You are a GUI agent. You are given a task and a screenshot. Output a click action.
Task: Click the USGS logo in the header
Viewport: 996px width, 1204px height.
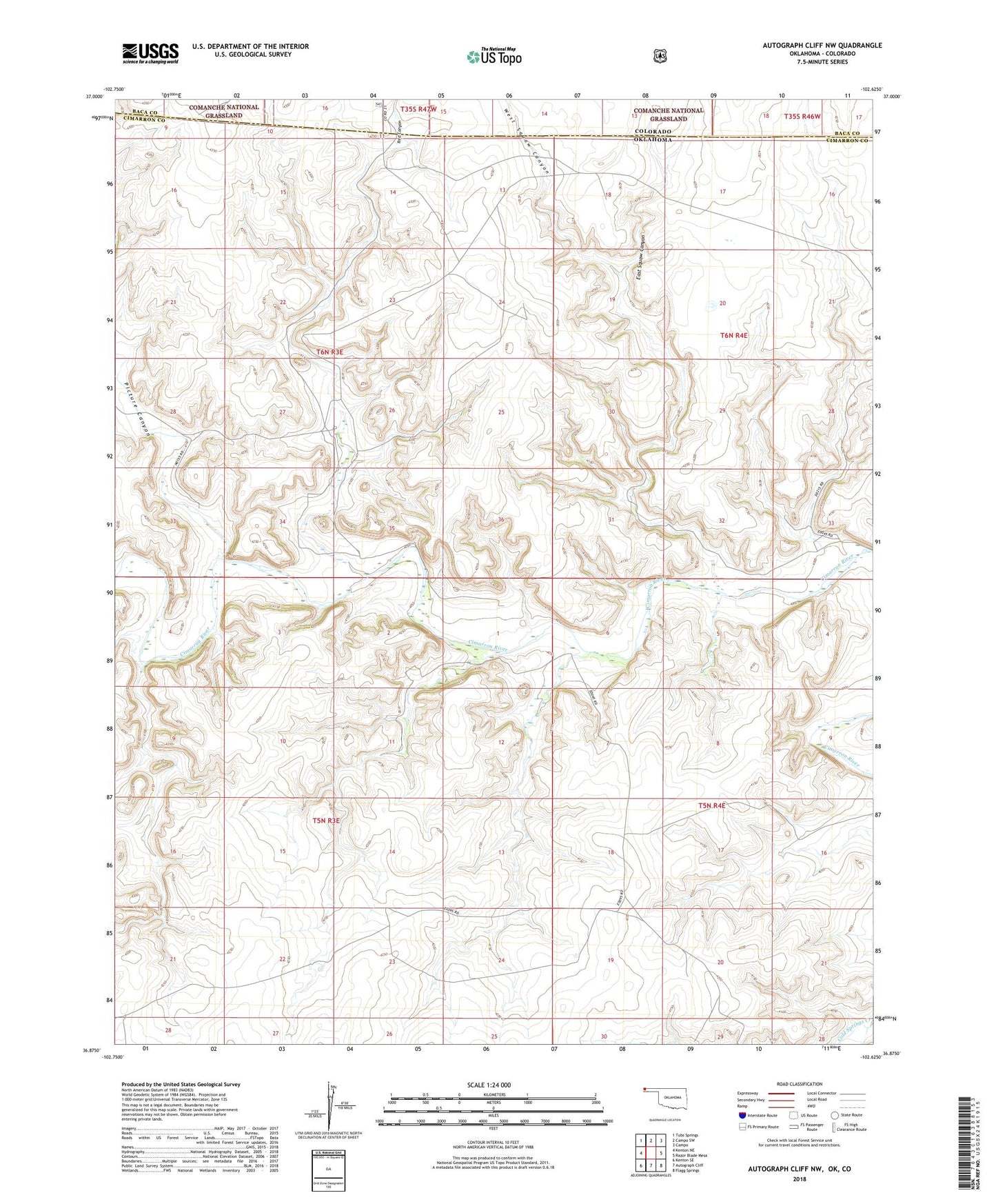point(150,53)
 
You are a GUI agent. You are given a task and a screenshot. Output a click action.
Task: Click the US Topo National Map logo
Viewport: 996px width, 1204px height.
point(494,57)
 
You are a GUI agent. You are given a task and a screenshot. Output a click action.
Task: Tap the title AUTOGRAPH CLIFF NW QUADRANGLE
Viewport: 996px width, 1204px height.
point(822,46)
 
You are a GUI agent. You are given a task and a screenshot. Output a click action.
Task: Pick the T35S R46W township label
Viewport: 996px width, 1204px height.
point(802,117)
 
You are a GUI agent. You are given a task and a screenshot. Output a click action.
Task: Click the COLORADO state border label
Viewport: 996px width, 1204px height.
point(653,131)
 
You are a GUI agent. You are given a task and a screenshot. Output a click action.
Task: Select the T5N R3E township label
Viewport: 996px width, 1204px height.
point(327,821)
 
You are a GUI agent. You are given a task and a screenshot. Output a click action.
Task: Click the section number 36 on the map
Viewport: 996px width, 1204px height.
point(501,519)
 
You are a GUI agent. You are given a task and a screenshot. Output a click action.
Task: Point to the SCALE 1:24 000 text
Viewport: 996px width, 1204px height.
point(489,1085)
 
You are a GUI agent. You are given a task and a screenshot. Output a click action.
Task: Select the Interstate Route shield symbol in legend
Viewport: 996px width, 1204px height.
point(742,1115)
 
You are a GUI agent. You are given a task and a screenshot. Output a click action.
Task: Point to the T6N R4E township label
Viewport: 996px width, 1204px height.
point(733,335)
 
